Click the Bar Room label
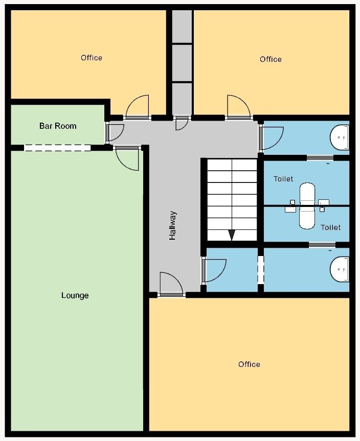pyautogui.click(x=58, y=126)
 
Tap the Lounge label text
pyautogui.click(x=75, y=295)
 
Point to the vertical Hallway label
pyautogui.click(x=172, y=225)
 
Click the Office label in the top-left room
pyautogui.click(x=92, y=58)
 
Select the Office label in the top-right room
pyautogui.click(x=271, y=59)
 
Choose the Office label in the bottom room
pyautogui.click(x=249, y=364)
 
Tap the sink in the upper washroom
pyautogui.click(x=340, y=137)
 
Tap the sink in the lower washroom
pyautogui.click(x=340, y=269)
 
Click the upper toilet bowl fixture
pyautogui.click(x=307, y=194)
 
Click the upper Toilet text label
pyautogui.click(x=283, y=179)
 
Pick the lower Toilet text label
pyautogui.click(x=331, y=227)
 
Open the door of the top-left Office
pyautogui.click(x=138, y=107)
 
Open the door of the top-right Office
pyautogui.click(x=238, y=107)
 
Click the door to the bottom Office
pyautogui.click(x=171, y=284)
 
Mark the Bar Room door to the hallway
pyautogui.click(x=115, y=132)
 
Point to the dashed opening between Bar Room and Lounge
pyautogui.click(x=57, y=148)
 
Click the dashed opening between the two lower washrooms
pyautogui.click(x=261, y=270)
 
